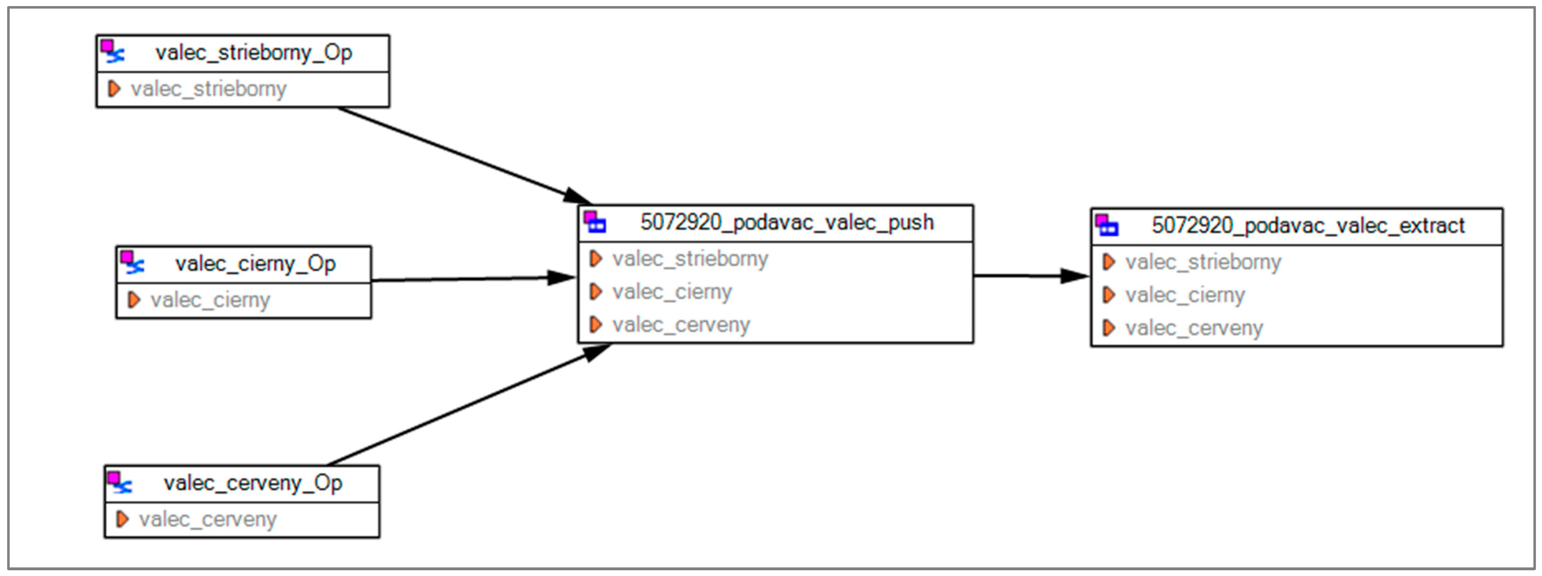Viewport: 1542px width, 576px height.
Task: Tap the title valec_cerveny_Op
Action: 253,483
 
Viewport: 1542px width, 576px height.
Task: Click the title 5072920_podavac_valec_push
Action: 786,222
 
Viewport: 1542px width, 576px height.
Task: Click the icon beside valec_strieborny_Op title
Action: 112,52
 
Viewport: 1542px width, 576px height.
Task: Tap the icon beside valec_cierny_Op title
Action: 132,262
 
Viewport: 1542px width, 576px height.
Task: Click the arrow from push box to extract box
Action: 1029,276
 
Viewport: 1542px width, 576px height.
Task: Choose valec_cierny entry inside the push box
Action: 672,292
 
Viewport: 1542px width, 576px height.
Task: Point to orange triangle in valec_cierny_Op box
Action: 133,300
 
